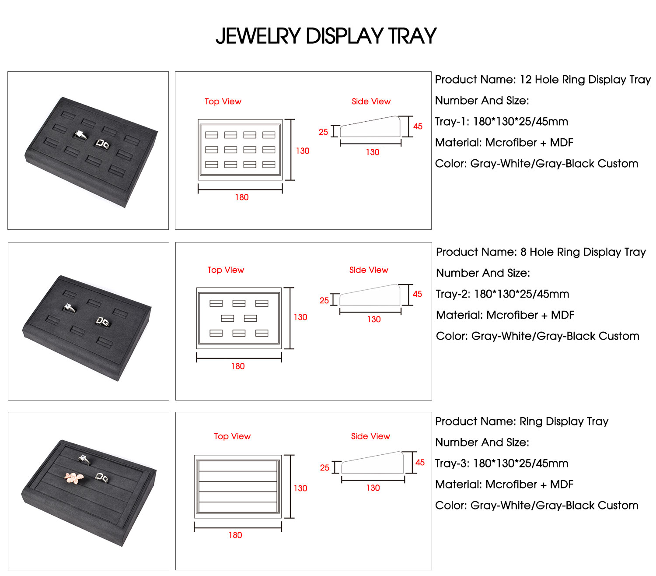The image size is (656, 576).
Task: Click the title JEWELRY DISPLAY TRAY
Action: point(326,36)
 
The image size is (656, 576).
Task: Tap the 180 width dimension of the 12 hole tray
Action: point(241,197)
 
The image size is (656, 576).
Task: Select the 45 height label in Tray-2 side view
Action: point(417,294)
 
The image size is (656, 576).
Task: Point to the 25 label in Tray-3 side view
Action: point(325,468)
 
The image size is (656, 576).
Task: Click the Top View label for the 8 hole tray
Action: point(226,270)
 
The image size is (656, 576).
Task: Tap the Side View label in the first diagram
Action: point(371,102)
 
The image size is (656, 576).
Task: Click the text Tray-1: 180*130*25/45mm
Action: point(501,122)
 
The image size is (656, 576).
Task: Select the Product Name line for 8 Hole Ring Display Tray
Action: point(541,252)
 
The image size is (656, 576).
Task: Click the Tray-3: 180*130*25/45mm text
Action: point(502,464)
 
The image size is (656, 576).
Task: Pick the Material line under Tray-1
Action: point(504,143)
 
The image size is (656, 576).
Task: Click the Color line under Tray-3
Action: point(537,506)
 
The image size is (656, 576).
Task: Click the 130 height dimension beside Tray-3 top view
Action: point(300,488)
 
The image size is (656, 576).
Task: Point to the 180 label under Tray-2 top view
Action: point(238,366)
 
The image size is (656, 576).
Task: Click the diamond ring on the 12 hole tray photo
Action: point(80,134)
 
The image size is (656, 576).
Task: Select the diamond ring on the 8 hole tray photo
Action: point(68,308)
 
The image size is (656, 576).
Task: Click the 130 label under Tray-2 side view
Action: point(373,320)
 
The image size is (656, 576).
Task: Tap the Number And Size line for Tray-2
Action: point(483,273)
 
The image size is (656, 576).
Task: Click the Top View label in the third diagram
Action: point(232,436)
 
